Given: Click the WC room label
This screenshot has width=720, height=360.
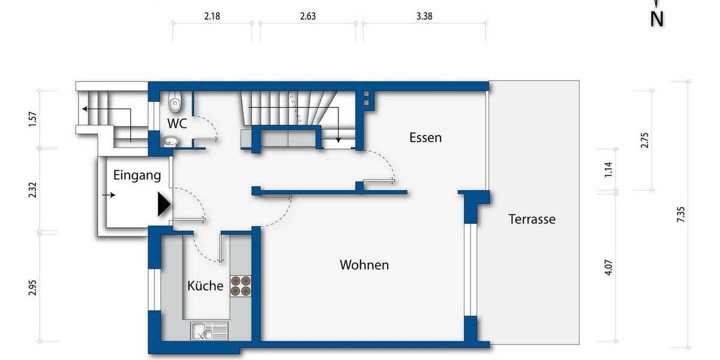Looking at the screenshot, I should (x=178, y=124).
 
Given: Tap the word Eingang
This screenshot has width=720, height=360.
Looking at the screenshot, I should (x=137, y=176).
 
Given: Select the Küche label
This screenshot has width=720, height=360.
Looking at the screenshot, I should (x=205, y=286).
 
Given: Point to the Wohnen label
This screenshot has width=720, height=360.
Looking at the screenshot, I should (x=364, y=265).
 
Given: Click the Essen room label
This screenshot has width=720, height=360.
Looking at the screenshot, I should (x=425, y=137).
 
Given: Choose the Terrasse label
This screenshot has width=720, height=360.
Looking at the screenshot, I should (x=532, y=219).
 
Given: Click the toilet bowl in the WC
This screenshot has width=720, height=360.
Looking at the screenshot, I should (x=175, y=105).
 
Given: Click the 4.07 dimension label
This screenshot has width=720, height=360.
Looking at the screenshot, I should (x=609, y=266).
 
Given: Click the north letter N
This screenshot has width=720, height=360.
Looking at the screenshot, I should (x=657, y=19).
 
